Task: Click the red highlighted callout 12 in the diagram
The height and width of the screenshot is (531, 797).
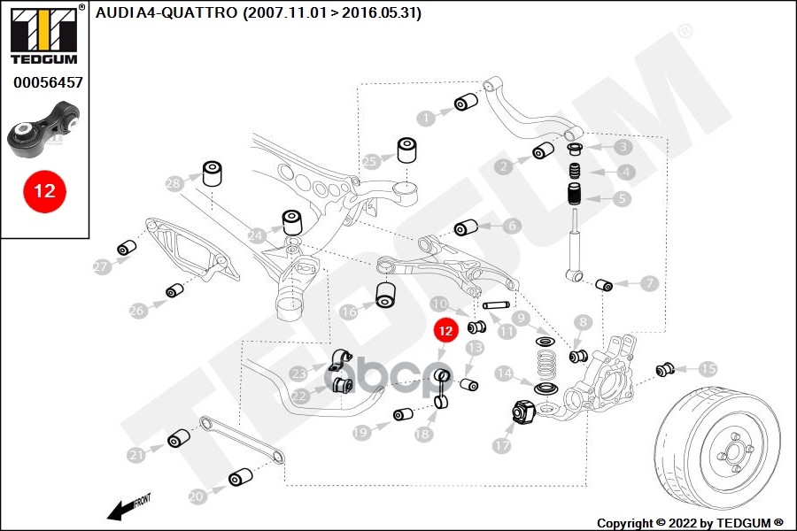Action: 445,331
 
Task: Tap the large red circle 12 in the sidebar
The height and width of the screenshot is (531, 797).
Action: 45,190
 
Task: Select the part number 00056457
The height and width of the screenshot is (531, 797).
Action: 48,82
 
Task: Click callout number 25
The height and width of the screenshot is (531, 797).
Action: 370,161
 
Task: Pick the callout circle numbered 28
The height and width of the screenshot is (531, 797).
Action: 174,183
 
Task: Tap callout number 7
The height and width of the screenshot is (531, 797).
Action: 650,284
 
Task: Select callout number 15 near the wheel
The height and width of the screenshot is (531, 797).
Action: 708,369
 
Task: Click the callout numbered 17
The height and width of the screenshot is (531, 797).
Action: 502,446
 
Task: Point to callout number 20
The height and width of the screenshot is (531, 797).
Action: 197,496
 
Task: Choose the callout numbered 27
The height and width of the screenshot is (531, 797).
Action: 100,265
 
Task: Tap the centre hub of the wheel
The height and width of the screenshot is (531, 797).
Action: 731,455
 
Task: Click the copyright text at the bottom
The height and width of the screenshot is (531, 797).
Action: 690,522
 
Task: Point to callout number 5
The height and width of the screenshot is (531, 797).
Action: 623,198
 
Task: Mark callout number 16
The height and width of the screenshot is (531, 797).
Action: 348,312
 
